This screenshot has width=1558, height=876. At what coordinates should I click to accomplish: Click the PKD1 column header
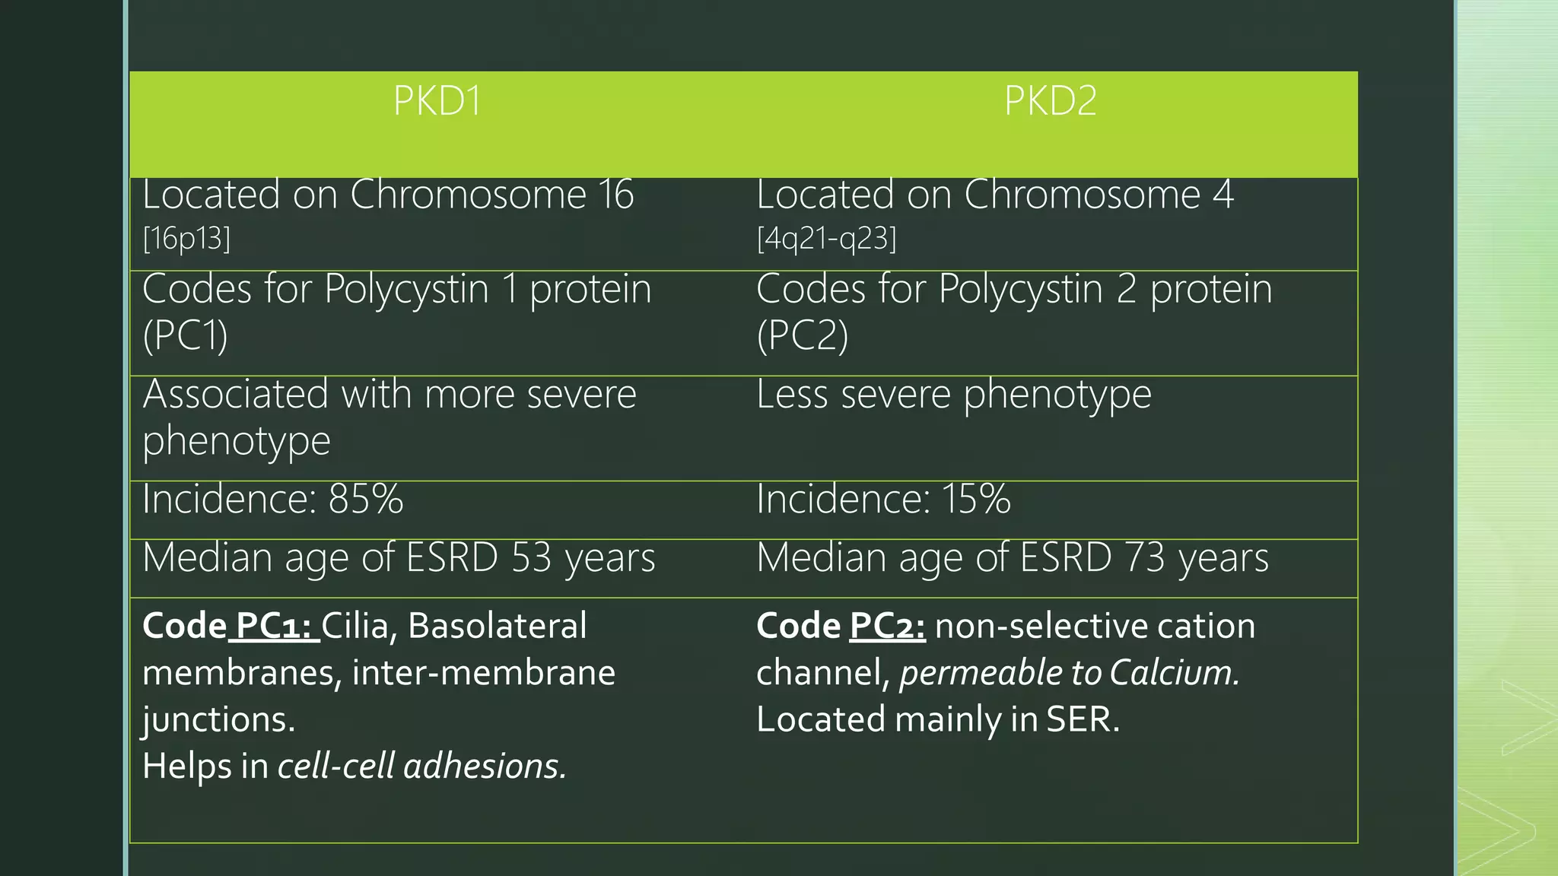point(437,100)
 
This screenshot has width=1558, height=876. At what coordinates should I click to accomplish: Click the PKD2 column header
point(1050,100)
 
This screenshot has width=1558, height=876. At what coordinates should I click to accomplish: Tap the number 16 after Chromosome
point(615,195)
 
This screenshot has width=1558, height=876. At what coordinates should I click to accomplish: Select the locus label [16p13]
point(186,239)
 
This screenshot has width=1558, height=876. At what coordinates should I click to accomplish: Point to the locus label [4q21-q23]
point(826,239)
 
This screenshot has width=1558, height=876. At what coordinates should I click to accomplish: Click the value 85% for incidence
point(365,500)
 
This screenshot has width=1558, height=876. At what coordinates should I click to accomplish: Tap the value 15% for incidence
point(976,500)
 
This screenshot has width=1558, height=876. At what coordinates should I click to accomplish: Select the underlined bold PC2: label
point(887,626)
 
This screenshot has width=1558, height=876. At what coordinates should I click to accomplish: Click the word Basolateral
point(497,626)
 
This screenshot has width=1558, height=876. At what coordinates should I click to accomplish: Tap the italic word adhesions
point(485,766)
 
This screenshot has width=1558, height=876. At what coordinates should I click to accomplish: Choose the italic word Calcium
point(1174,673)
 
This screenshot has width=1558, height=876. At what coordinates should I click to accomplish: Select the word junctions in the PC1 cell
point(218,719)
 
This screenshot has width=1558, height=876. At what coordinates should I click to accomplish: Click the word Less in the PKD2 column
point(792,395)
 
